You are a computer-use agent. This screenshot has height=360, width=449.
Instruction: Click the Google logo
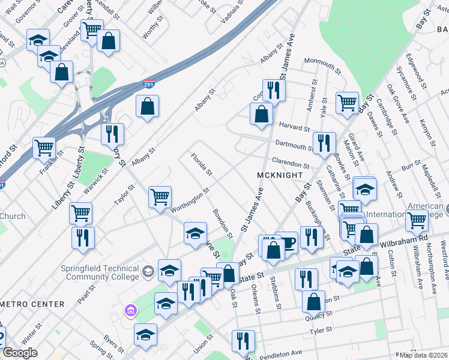pos(20,353)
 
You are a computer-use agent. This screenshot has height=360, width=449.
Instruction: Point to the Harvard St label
pos(294,128)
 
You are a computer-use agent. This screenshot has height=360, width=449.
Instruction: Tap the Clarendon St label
pos(290,163)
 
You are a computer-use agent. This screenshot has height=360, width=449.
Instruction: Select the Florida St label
pos(202,165)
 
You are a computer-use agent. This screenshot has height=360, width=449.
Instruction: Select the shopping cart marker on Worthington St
pos(160,196)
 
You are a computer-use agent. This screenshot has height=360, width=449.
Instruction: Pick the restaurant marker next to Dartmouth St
pos(324,143)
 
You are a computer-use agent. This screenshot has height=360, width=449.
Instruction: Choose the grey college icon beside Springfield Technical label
pos(148,273)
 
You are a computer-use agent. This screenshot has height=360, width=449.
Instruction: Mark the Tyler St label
pos(321,331)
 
